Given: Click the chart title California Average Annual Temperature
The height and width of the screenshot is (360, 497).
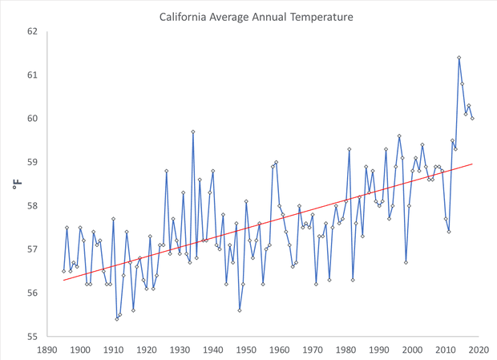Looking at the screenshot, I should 256,16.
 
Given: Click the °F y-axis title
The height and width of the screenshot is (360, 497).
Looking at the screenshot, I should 18,184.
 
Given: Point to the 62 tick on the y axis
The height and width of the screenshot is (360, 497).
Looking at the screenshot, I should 32,32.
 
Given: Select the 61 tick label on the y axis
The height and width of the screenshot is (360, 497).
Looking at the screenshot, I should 32,75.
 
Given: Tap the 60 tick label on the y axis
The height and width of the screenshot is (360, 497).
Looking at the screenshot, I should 32,119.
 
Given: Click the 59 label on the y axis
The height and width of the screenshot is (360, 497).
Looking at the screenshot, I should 32,162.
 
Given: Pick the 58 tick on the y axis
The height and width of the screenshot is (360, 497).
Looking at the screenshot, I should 32,206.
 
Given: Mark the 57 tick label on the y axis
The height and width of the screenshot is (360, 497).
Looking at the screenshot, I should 32,249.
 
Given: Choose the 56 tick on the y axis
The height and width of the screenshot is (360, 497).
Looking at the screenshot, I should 32,293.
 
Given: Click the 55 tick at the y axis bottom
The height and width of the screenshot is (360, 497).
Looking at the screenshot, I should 32,336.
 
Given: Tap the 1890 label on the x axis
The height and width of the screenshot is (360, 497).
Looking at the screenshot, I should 47,349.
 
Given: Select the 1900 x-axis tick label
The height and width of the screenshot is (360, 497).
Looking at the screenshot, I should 80,349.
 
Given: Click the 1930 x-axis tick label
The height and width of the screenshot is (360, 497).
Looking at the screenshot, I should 180,349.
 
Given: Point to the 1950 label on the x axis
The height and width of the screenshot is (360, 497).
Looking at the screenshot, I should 246,349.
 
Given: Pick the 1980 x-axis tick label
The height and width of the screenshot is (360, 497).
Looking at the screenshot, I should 346,349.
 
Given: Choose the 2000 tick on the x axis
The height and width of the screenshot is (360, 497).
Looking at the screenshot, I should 413,349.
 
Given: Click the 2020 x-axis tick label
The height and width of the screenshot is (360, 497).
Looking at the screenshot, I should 479,349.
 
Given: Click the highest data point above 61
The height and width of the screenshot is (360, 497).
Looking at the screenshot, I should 459,58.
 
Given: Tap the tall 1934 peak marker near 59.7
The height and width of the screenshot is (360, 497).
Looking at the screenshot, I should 193,131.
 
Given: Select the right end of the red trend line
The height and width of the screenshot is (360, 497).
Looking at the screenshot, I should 472,164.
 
